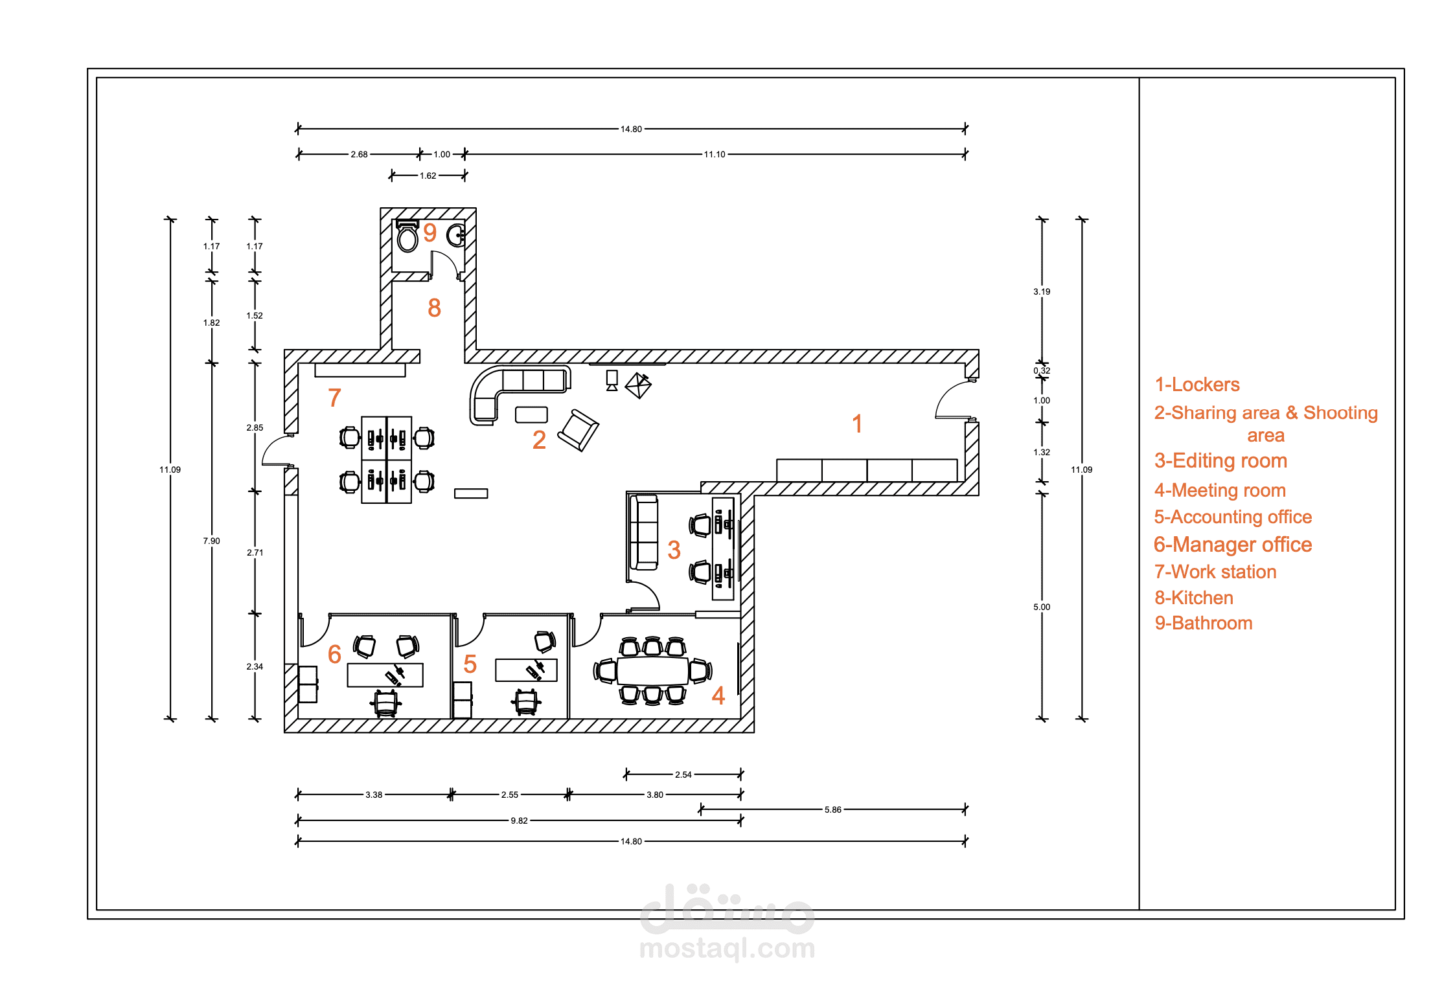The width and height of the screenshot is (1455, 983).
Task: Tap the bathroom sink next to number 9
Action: point(456,235)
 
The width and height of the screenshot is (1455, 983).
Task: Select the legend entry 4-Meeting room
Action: point(1220,490)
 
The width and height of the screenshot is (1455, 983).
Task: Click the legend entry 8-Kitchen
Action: point(1194,598)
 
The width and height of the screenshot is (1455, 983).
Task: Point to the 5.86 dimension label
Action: point(833,809)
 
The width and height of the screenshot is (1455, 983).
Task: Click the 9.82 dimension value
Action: point(520,820)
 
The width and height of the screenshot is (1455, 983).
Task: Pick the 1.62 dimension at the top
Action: point(428,175)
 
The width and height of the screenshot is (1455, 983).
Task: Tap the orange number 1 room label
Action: point(857,424)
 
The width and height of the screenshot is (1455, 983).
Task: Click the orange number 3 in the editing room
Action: point(674,550)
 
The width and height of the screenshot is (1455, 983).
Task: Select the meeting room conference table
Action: point(652,671)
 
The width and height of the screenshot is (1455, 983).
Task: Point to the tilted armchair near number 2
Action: point(579,430)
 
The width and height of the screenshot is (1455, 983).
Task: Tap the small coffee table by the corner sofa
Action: point(531,414)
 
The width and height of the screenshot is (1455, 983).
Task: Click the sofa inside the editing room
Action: point(644,532)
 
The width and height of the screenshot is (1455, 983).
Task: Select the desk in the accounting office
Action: point(526,670)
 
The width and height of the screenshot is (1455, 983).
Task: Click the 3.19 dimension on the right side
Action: point(1042,291)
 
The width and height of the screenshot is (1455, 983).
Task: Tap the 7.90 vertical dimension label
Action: point(212,541)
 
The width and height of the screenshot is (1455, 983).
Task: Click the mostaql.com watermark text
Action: point(727,948)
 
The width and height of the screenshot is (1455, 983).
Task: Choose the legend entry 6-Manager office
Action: point(1233,545)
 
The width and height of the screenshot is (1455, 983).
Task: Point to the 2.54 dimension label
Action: point(683,774)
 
